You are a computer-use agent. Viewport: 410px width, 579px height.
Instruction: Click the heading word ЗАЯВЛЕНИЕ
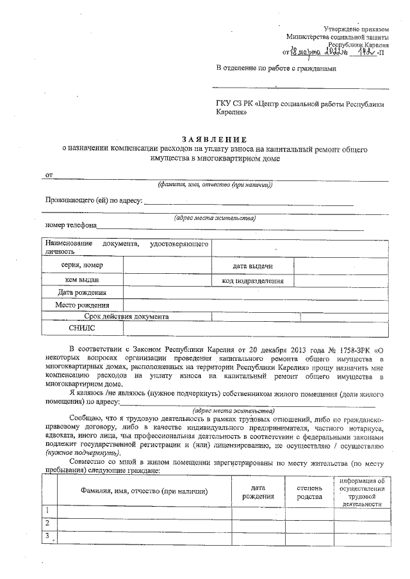pyautogui.click(x=214, y=139)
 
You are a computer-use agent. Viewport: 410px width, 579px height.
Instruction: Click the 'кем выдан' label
pyautogui.click(x=83, y=280)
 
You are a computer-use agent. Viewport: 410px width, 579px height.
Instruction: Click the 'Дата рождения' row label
pyautogui.click(x=83, y=292)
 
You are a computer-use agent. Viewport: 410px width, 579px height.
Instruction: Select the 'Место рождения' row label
pyautogui.click(x=82, y=305)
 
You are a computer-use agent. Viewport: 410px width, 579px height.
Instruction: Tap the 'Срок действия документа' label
pyautogui.click(x=126, y=316)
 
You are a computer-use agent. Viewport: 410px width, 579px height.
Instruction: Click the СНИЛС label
pyautogui.click(x=82, y=328)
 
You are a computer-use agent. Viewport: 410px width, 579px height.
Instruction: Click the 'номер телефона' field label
pyautogui.click(x=70, y=225)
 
